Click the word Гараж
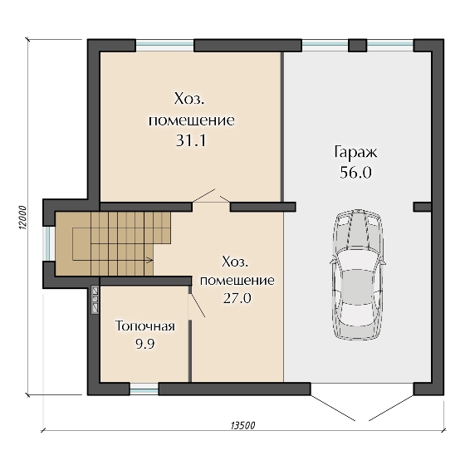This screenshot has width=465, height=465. coord(355,153)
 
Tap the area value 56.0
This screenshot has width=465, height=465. coord(355,173)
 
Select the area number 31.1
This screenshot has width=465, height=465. coord(191,140)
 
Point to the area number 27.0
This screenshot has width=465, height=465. coord(237,298)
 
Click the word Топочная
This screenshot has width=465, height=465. coord(145,325)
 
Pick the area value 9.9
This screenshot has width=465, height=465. coord(145,344)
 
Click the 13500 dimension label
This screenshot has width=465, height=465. coord(242,425)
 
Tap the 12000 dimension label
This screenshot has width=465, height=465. coord(23,218)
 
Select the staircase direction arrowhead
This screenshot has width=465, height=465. coord(150,261)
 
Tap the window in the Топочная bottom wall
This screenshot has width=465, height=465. coord(144,389)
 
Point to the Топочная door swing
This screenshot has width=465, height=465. coord(197,306)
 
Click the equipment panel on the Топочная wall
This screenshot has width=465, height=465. coord(95,299)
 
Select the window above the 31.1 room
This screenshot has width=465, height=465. coord(165,46)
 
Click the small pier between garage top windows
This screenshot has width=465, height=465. coord(357,46)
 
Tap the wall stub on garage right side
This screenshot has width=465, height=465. coord(423,207)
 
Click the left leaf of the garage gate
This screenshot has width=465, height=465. coord(333,408)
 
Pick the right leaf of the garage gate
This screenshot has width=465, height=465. coord(391,408)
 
